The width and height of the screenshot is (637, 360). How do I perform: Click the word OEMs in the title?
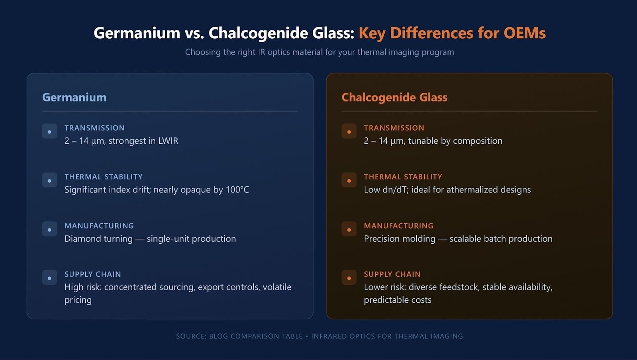pos(524,33)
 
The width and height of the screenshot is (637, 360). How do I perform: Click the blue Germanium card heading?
pos(74,97)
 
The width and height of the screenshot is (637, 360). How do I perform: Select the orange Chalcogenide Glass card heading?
pos(394,97)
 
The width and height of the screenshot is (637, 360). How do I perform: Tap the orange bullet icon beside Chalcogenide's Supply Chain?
pos(349,278)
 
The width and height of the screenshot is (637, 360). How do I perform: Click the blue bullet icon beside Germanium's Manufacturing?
pos(49,229)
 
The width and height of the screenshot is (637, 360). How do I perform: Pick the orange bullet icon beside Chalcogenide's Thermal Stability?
pos(349,180)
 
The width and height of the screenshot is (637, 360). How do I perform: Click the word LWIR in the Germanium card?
pos(169,141)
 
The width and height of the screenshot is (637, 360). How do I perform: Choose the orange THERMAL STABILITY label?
pos(403,177)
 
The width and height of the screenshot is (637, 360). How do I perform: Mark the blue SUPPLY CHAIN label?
pos(93,274)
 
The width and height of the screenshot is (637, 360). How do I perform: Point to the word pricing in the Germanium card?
pos(78,300)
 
